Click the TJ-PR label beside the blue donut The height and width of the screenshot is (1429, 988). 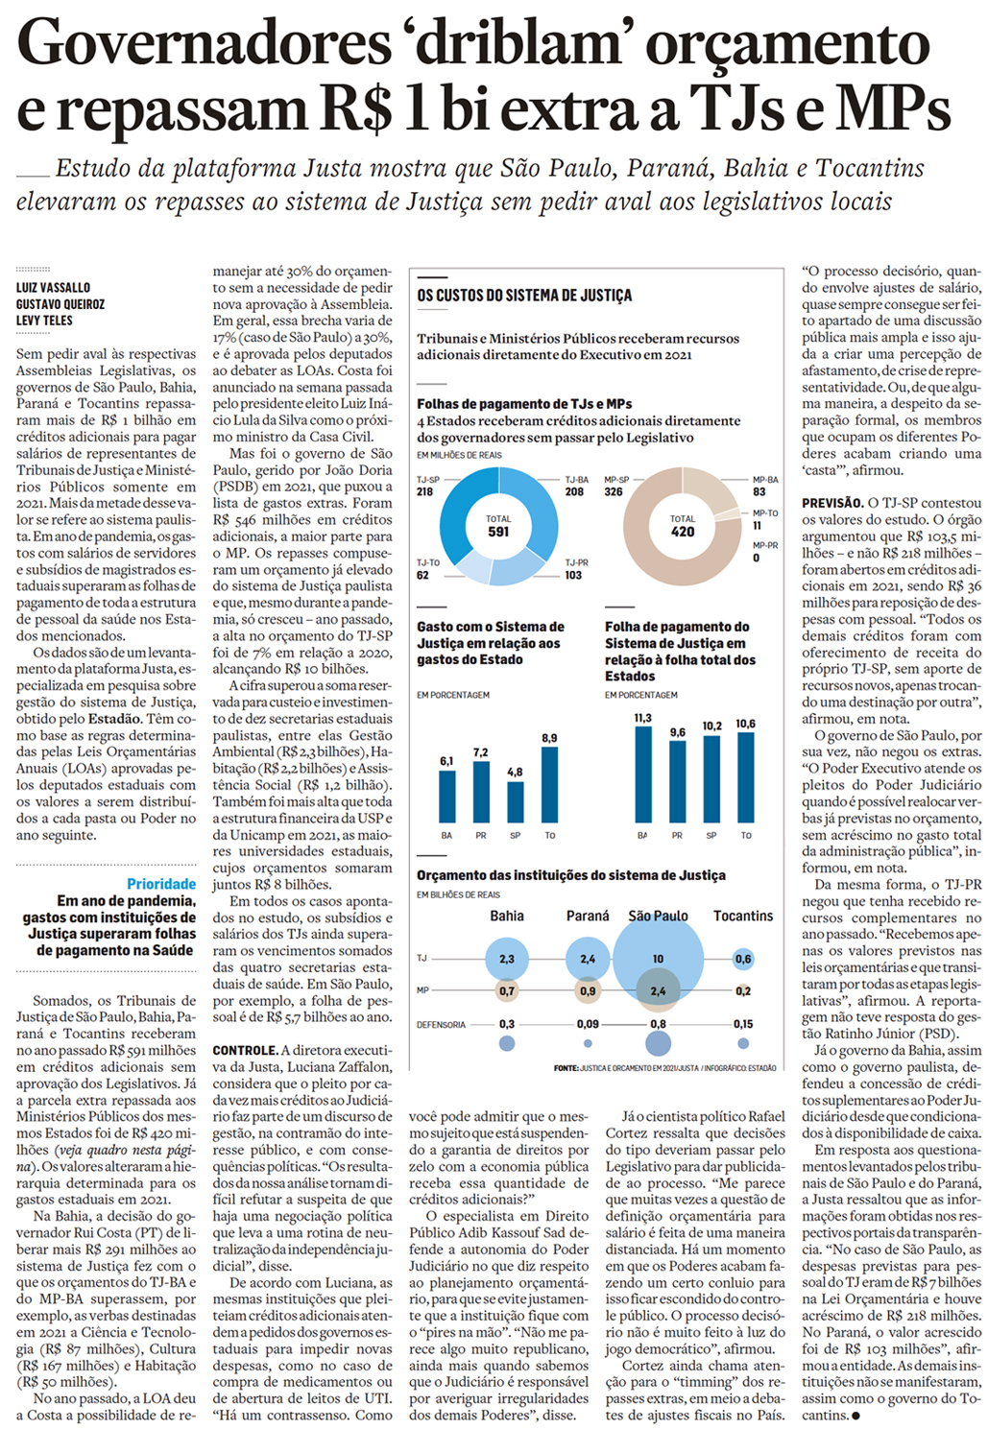(x=577, y=562)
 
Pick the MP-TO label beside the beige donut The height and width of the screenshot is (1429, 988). (x=765, y=513)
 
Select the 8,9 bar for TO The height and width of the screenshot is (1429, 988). (x=549, y=785)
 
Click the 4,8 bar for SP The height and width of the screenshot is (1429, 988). (x=516, y=802)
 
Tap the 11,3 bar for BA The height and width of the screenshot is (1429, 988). (x=642, y=774)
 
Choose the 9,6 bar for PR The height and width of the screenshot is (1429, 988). (x=677, y=781)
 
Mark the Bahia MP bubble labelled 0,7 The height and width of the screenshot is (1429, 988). (x=507, y=990)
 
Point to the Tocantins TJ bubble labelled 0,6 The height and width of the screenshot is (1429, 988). (x=743, y=958)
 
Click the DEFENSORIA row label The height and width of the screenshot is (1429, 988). (x=441, y=1024)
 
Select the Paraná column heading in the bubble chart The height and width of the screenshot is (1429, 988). (x=588, y=916)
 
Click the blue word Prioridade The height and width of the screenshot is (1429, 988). (x=161, y=884)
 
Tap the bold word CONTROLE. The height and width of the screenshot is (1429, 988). (x=245, y=1050)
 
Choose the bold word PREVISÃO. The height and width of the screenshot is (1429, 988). (x=832, y=503)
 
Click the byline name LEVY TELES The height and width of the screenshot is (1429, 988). (x=44, y=321)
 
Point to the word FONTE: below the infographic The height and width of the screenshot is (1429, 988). (x=566, y=1068)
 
